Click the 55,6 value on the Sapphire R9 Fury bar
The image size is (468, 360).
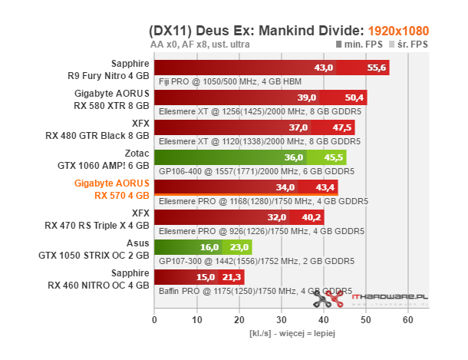pos(377,68)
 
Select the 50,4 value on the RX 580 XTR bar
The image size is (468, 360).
pos(355,98)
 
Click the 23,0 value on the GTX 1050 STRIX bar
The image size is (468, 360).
pos(240,248)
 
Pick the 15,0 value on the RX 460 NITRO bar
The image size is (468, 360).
pos(206,278)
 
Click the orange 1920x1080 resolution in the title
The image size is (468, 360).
pos(398,31)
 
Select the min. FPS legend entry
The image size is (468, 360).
pos(361,46)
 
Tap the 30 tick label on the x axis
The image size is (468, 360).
pos(282,319)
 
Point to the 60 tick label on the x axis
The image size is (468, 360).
pos(408,319)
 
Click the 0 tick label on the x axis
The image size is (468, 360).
pos(155,319)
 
